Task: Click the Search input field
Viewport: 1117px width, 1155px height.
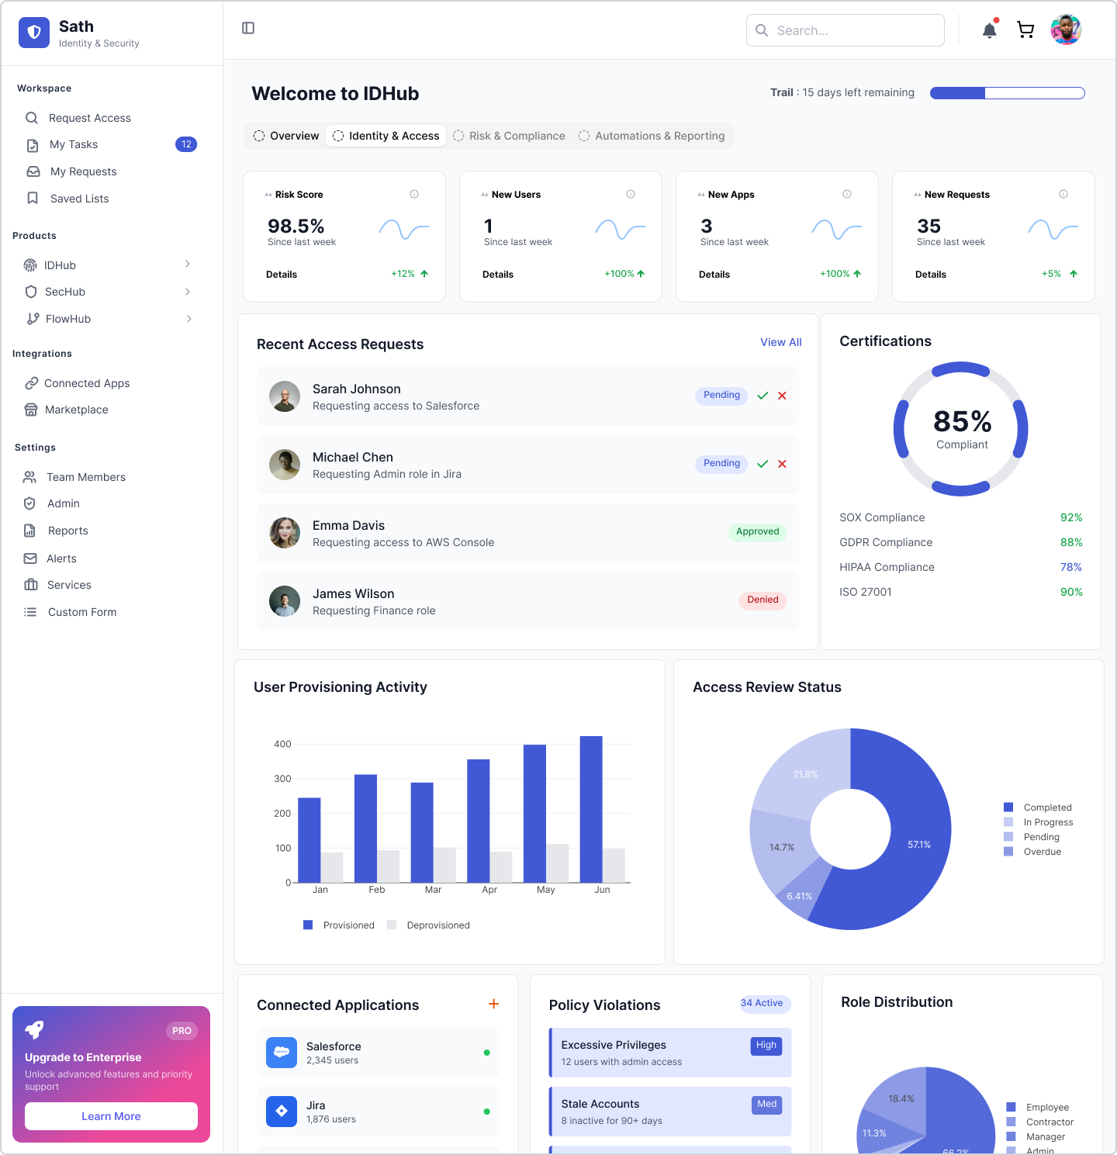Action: click(x=846, y=30)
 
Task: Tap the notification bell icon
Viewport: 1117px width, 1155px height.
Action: click(x=989, y=30)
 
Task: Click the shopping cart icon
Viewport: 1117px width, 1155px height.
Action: click(x=1025, y=30)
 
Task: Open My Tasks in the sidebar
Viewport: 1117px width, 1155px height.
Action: click(x=74, y=144)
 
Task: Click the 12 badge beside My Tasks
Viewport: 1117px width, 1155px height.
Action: click(x=186, y=144)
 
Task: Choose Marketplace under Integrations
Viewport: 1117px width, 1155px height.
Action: click(x=76, y=410)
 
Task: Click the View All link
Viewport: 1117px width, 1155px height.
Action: click(x=780, y=342)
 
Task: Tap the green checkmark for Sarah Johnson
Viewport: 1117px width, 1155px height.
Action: click(x=763, y=396)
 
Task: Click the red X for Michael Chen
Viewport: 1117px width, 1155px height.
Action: click(x=782, y=464)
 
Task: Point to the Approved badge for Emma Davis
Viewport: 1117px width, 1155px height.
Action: click(x=757, y=531)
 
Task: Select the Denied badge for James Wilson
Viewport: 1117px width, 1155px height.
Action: click(x=763, y=600)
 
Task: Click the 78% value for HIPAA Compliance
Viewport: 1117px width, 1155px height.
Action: click(x=1070, y=567)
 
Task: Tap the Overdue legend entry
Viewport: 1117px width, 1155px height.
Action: click(x=1042, y=852)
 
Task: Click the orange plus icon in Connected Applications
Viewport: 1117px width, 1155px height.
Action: click(x=493, y=1004)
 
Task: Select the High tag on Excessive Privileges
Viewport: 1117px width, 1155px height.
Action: click(x=766, y=1045)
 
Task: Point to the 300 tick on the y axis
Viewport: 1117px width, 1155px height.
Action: click(x=282, y=779)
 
